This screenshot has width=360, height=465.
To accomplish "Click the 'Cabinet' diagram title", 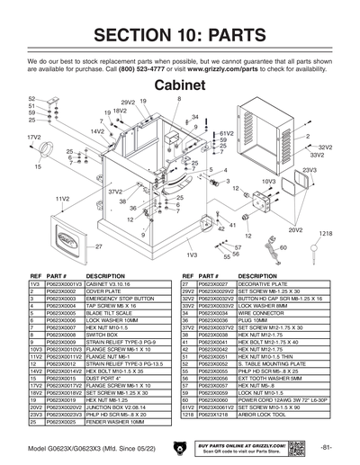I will (180, 84).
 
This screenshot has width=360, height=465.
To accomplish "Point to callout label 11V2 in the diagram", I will (62, 198).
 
